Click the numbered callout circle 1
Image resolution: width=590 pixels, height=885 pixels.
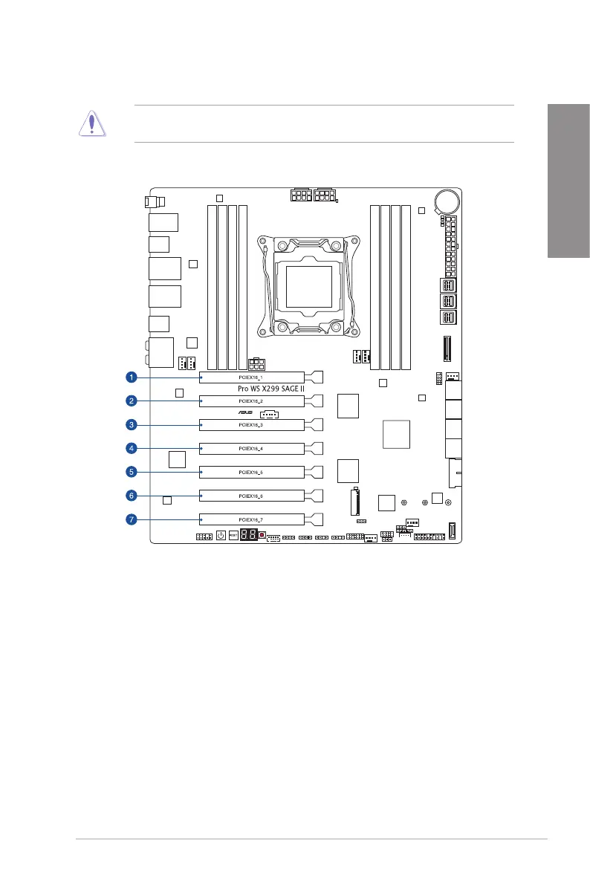coord(131,377)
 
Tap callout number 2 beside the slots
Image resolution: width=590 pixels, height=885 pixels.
coord(131,401)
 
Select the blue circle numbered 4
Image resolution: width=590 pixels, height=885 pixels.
coord(131,448)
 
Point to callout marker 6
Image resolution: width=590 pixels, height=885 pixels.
coord(131,496)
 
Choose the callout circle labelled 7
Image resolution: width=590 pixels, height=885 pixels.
coord(131,519)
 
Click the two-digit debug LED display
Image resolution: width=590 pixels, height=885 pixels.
coord(249,535)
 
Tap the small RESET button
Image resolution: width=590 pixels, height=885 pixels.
coord(233,535)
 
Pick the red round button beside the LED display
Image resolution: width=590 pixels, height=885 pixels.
coord(262,535)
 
